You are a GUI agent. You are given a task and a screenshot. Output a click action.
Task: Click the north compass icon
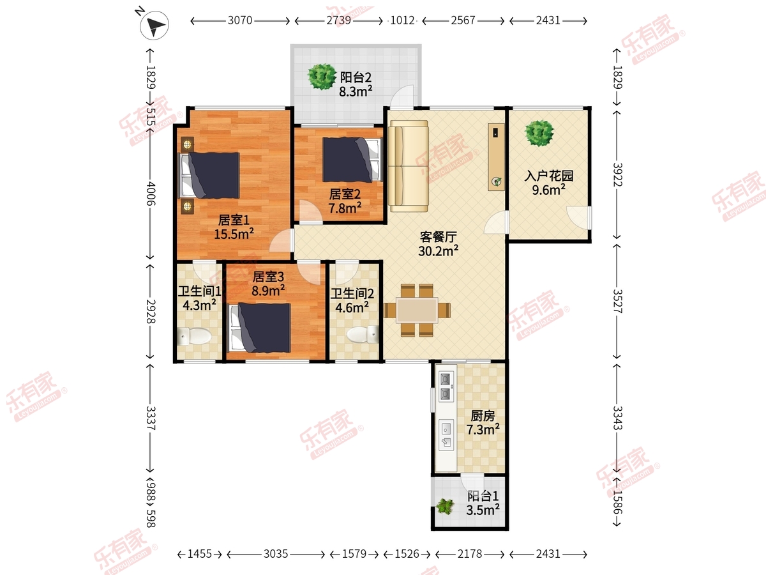coord(154,24)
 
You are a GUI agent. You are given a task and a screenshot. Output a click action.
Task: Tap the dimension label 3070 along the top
coord(240,20)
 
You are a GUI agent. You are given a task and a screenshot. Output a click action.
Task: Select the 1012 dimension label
coord(402,20)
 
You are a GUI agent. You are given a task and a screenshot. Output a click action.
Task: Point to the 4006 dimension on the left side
coord(151,193)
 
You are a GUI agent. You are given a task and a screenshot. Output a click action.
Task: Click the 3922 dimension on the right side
coord(617,174)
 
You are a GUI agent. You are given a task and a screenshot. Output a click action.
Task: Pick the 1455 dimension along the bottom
coord(200,554)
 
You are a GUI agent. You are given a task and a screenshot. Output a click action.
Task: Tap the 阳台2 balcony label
coord(356,77)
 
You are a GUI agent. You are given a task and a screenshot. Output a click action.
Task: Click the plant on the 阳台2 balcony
coord(322,77)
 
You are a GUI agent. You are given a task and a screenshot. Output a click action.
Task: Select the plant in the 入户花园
coord(539,133)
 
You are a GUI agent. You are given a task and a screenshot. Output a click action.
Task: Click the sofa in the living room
coord(409,166)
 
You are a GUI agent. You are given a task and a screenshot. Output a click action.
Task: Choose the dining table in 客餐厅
coord(417,310)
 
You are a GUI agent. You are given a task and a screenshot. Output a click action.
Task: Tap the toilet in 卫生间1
coord(194,337)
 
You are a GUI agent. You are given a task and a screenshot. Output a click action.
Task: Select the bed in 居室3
coord(260,328)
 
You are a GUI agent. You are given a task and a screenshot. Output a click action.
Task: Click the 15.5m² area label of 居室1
coord(234,234)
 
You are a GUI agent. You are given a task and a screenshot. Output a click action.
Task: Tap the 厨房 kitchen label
coord(483,416)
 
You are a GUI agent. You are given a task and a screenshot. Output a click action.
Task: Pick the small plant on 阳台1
coord(444,506)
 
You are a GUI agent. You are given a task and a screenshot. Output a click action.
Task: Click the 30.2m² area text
coord(439,250)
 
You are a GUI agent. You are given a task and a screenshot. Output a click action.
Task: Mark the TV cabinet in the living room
coord(496,157)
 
